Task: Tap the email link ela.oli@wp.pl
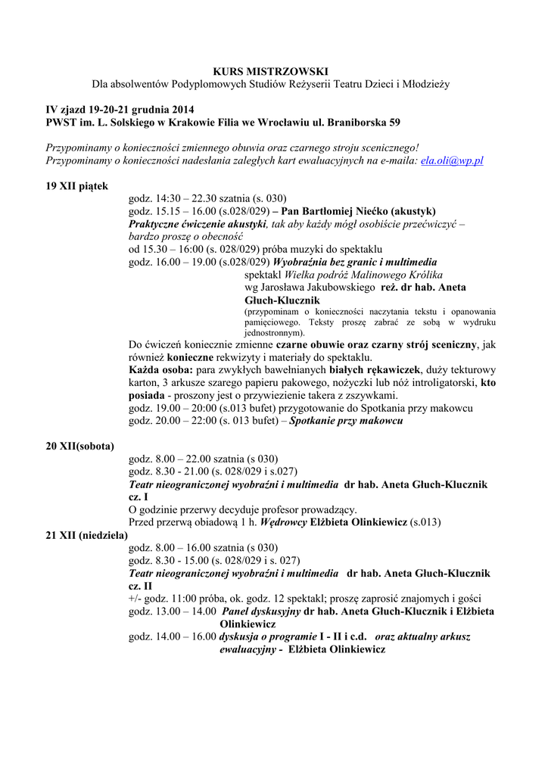coord(452,161)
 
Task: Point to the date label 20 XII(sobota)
coord(80,446)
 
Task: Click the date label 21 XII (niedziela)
coord(86,534)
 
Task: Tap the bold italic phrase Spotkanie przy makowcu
coord(347,421)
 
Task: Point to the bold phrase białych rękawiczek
coord(375,369)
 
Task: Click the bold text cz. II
coord(141,586)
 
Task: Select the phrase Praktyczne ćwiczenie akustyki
coord(198,224)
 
